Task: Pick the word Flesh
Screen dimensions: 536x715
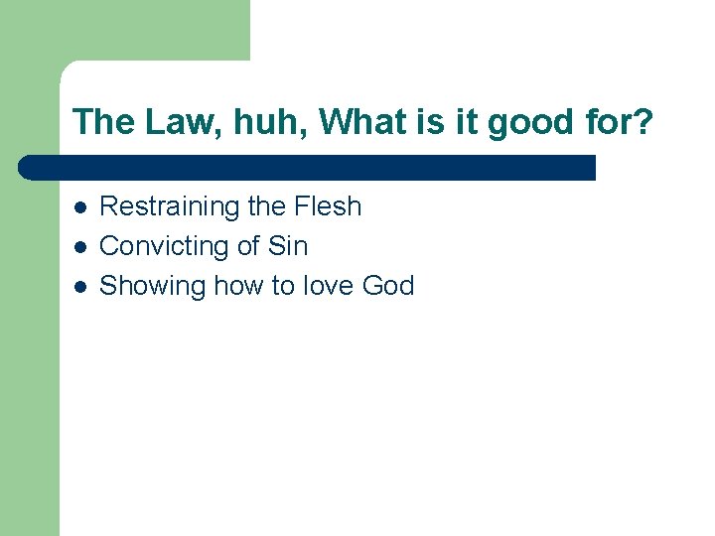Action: click(328, 206)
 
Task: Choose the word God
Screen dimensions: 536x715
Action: click(388, 286)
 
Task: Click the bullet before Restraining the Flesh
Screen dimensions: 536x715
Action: click(79, 207)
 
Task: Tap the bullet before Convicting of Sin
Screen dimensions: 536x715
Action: click(79, 247)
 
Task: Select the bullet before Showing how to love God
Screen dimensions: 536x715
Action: click(79, 287)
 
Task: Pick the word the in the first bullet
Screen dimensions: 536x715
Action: click(266, 206)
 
